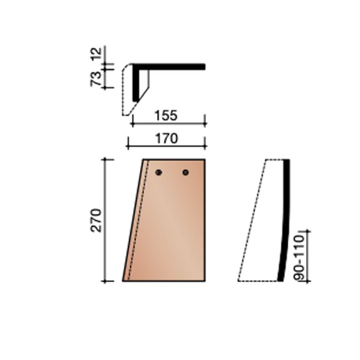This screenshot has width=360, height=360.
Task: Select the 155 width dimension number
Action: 166,116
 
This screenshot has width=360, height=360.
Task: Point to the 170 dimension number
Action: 166,138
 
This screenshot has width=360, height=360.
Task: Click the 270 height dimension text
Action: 98,220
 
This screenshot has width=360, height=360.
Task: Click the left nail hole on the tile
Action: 159,172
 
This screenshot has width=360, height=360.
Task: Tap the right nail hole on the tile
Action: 186,172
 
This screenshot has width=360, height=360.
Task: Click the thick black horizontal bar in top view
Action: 170,66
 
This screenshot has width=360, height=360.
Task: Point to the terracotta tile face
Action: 175,226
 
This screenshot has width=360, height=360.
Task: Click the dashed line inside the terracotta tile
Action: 138,221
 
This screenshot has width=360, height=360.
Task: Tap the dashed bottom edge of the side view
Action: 257,280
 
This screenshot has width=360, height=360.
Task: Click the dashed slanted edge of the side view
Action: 252,221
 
